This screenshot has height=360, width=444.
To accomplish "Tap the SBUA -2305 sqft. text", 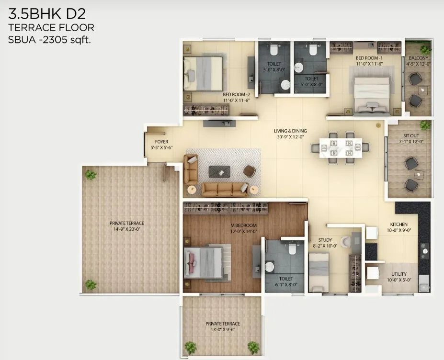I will coord(50,40).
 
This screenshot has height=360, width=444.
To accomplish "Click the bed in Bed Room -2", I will coord(205,73).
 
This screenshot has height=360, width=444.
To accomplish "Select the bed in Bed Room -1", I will coord(372,94).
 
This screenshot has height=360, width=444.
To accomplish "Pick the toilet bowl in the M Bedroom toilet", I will coord(292,248).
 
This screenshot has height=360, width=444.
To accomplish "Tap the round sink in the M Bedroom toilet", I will coord(270,267).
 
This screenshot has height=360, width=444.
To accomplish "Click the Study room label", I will coord(318,240).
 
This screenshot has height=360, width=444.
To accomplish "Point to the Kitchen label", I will coord(398,224).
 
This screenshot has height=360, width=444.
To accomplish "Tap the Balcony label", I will coord(418,58).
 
